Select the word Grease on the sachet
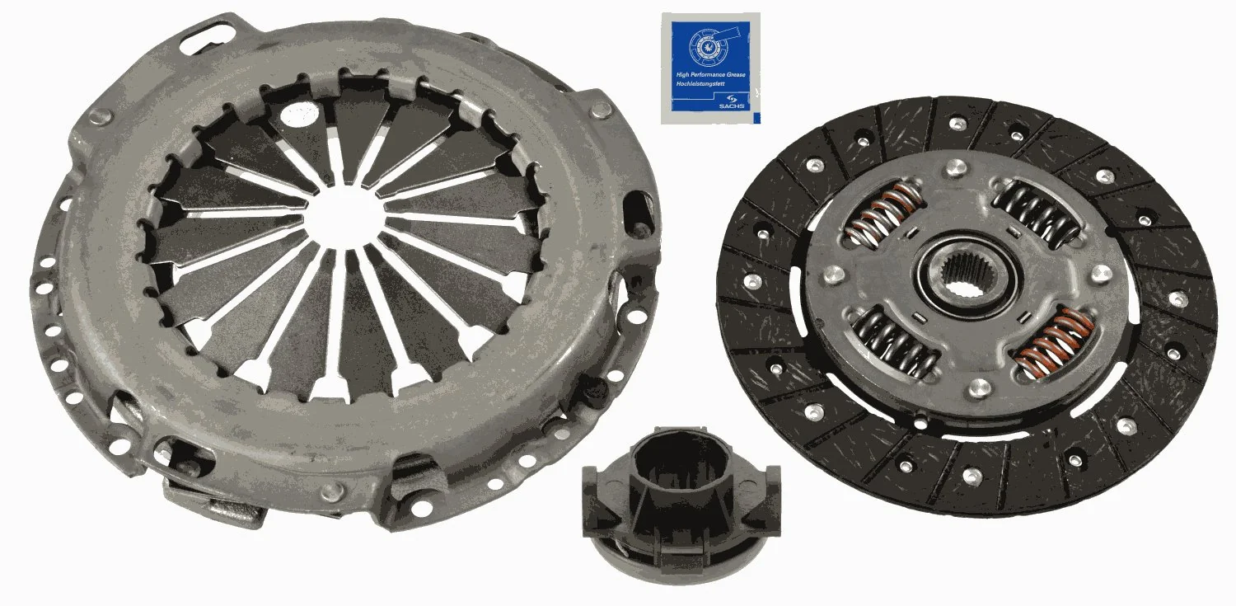click(x=735, y=75)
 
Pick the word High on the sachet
click(x=681, y=75)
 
